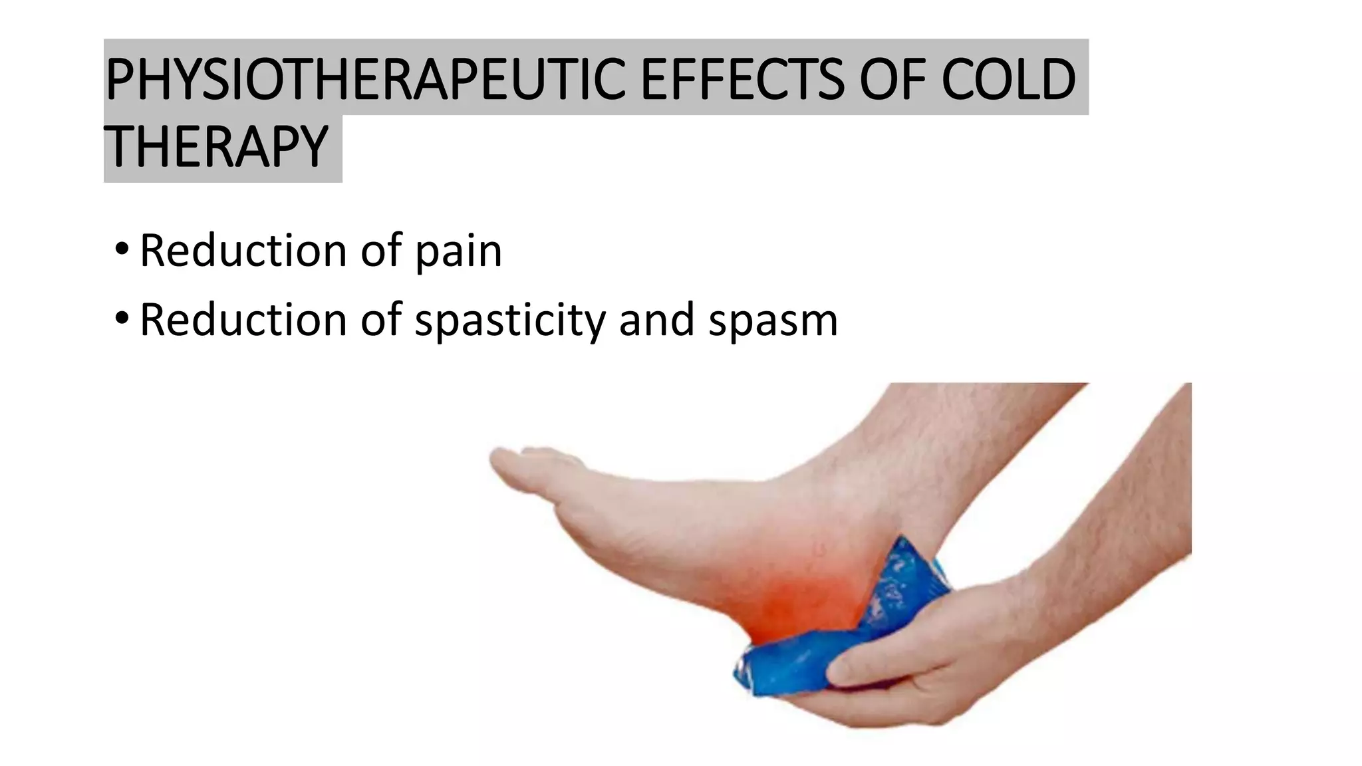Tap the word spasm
click(773, 320)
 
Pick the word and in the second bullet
click(656, 320)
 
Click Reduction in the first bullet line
click(243, 251)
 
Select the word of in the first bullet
click(381, 251)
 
